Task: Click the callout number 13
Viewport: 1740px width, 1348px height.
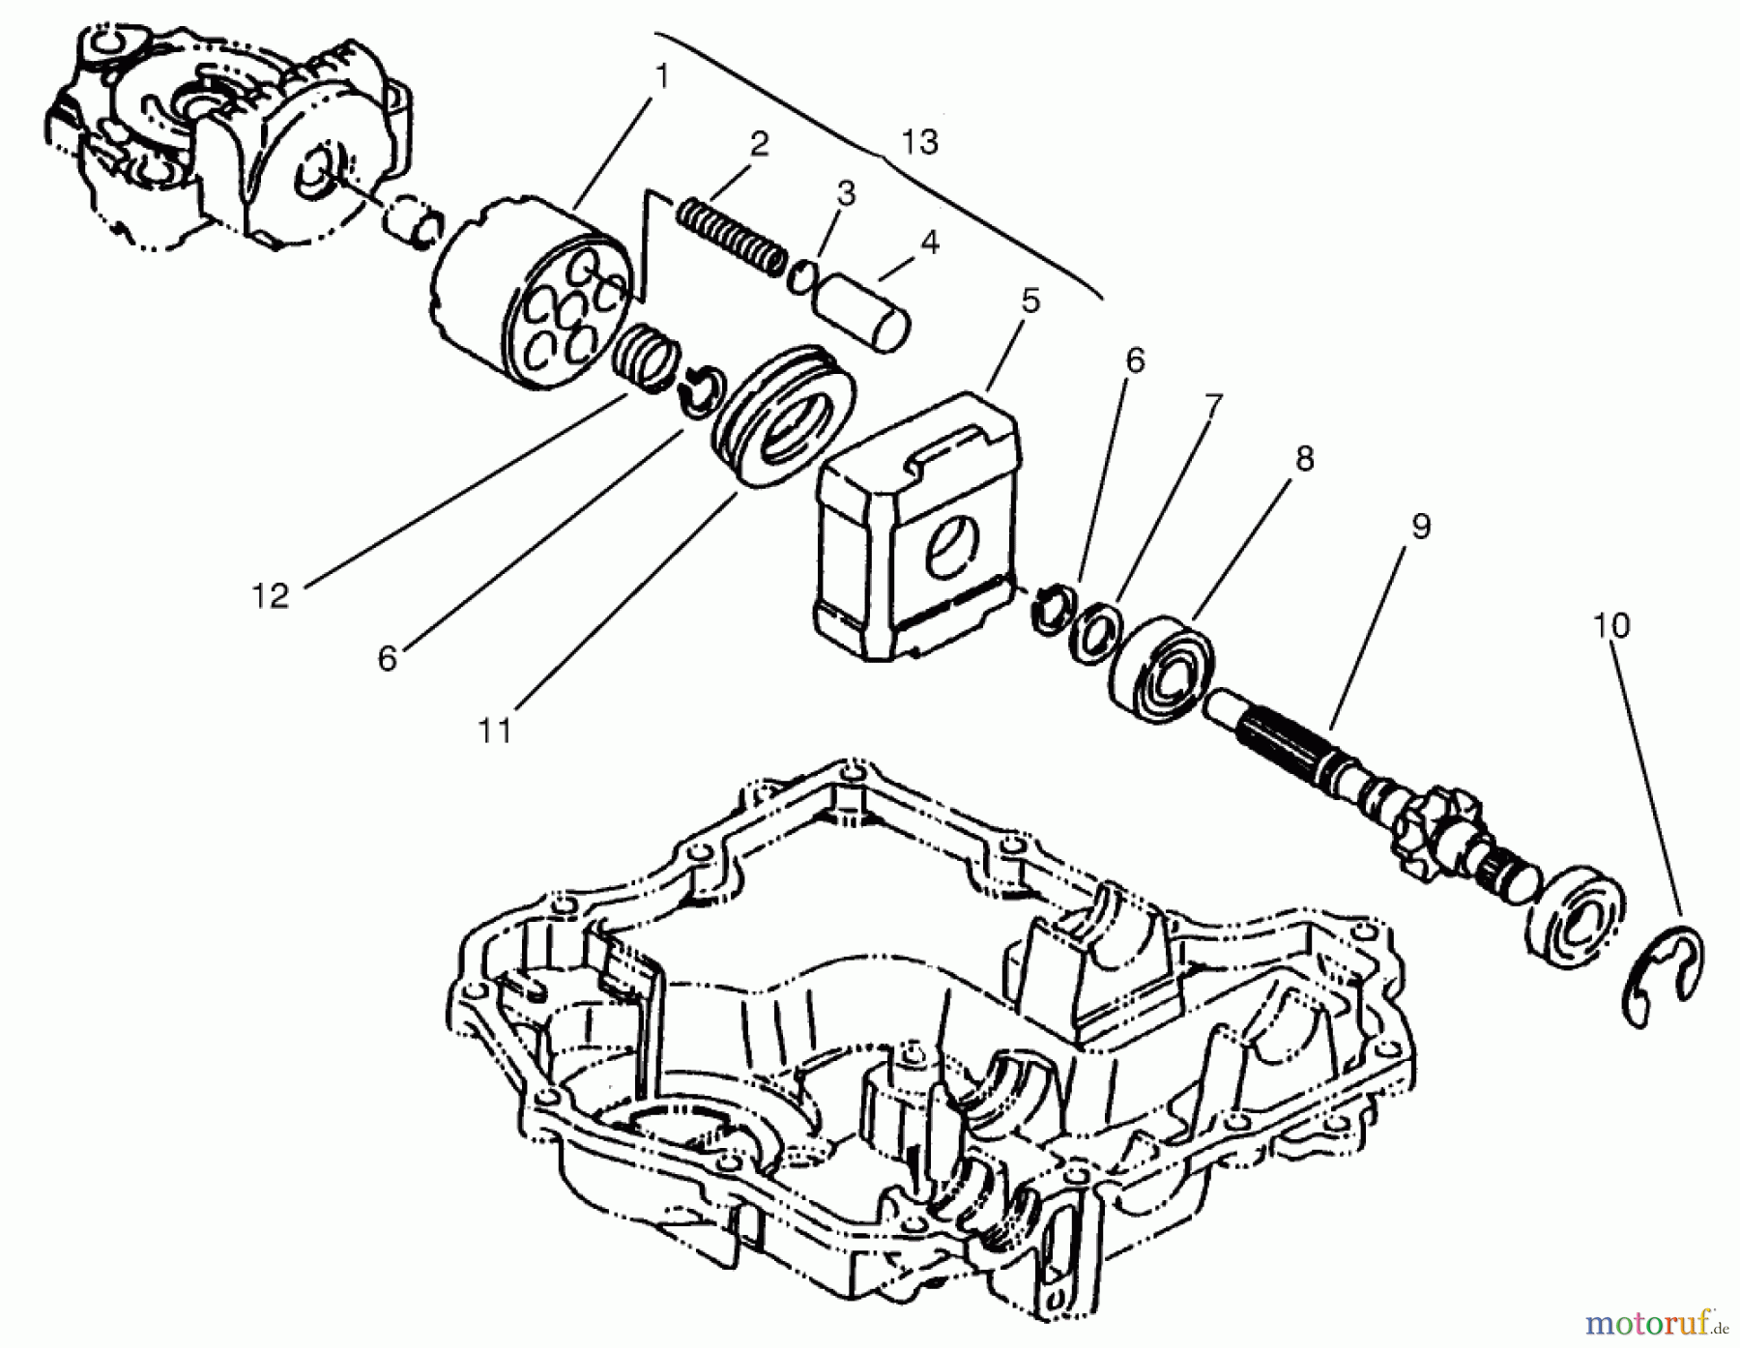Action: click(919, 143)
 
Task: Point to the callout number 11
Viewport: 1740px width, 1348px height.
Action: click(494, 731)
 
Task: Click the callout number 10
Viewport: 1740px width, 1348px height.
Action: click(1611, 626)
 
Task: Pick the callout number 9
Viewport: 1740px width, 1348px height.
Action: click(1420, 527)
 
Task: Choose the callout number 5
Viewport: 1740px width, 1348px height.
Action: click(1030, 301)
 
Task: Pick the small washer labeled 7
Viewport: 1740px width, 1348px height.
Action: click(1096, 634)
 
